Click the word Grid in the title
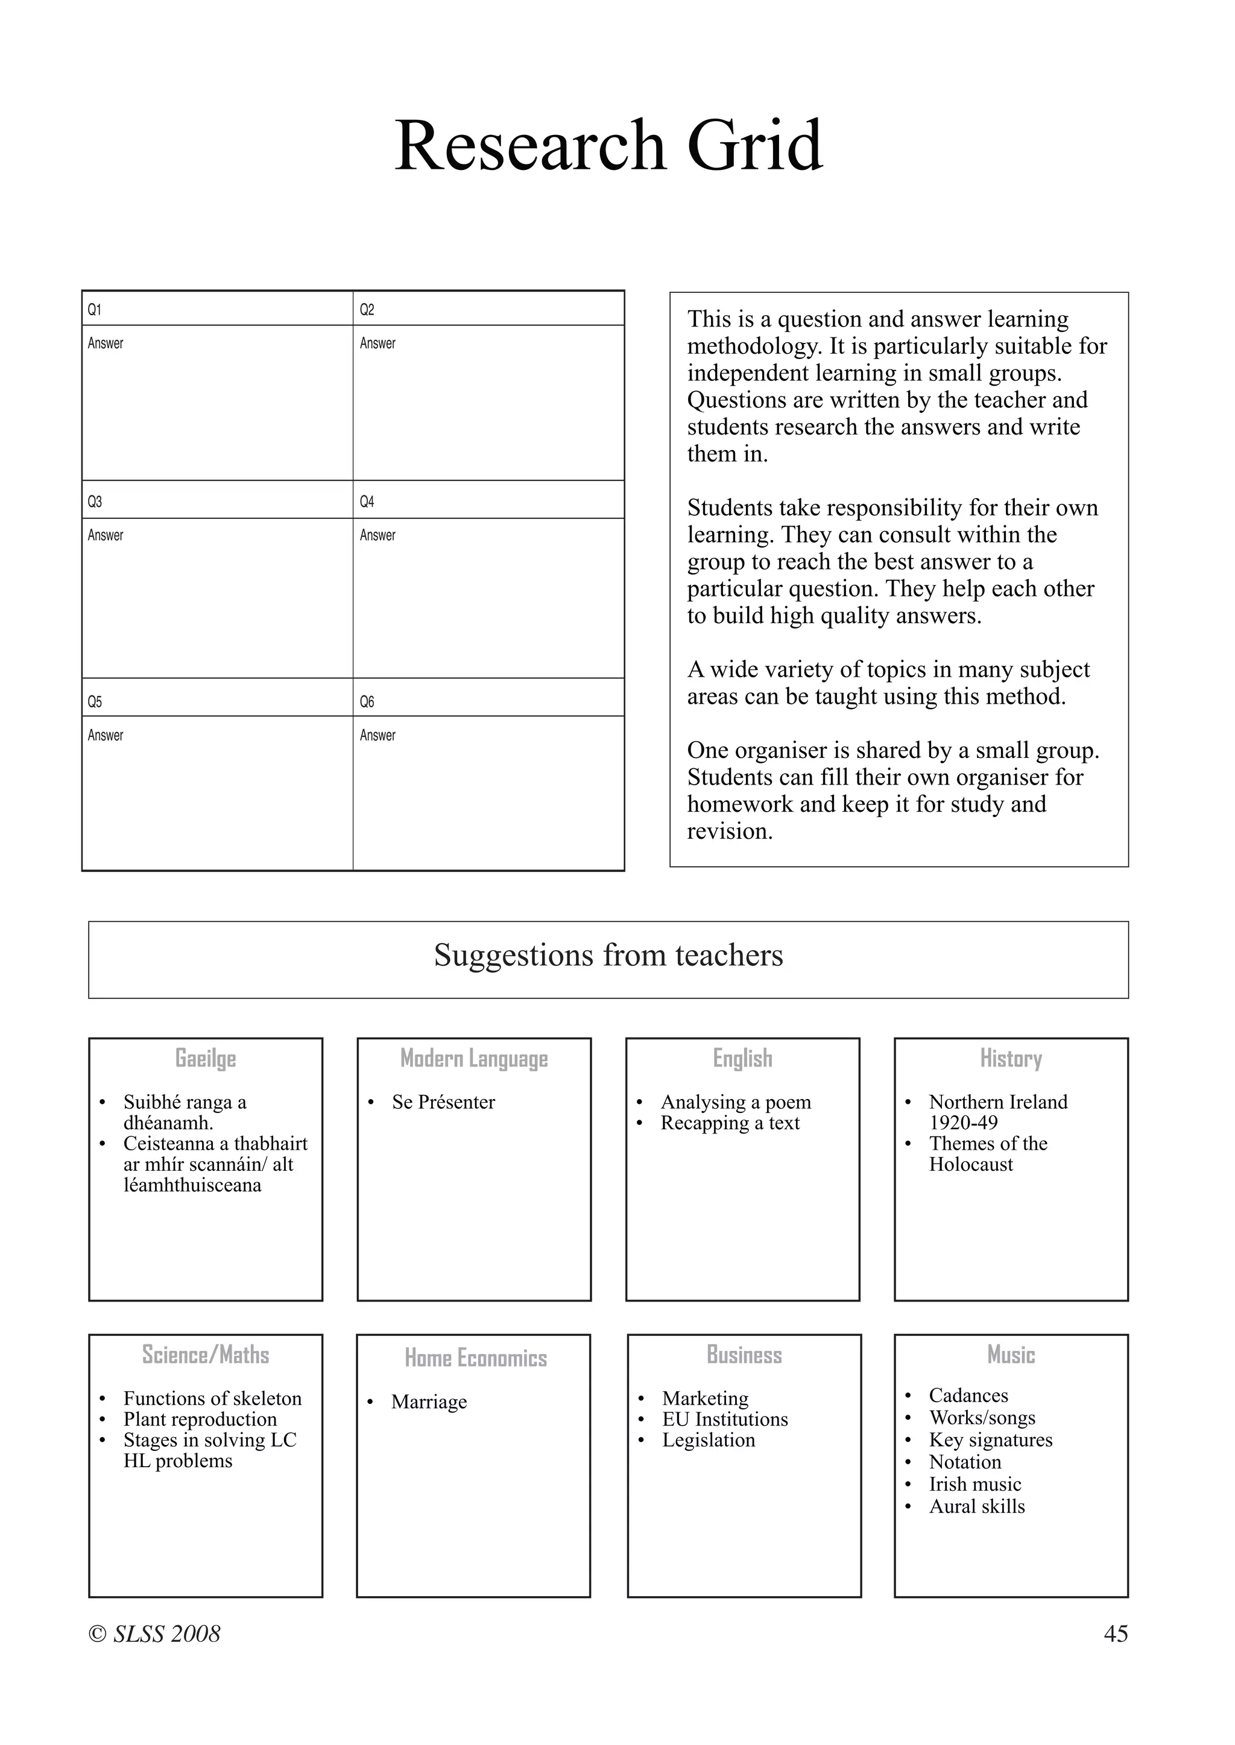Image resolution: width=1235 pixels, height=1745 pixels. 754,146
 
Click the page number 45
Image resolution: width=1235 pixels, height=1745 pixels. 1115,1634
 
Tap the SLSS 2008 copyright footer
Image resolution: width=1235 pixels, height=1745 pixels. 154,1634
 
